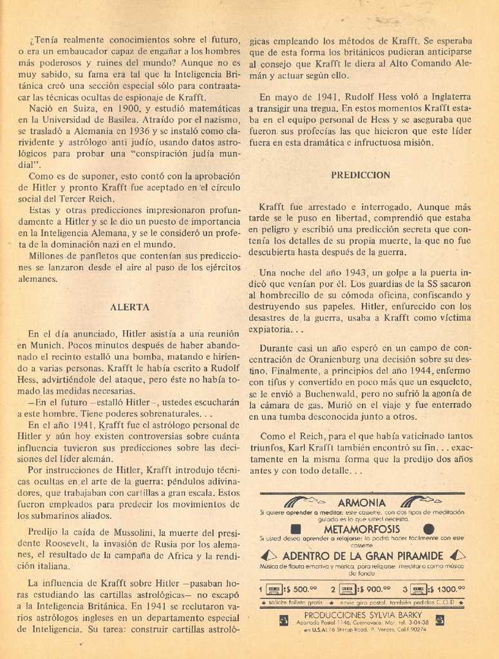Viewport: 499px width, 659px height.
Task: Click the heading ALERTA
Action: coord(129,307)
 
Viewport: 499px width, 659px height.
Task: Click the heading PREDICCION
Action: coord(361,174)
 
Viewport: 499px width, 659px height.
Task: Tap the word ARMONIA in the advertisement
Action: coord(361,502)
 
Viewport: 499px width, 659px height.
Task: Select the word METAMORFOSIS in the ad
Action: coord(361,528)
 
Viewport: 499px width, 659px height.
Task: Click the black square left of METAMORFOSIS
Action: coord(296,529)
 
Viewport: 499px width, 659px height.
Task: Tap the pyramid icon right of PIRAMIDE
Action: coord(457,555)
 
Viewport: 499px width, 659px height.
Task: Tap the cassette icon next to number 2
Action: coord(348,588)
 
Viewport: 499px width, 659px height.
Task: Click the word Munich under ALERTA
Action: coord(48,346)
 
